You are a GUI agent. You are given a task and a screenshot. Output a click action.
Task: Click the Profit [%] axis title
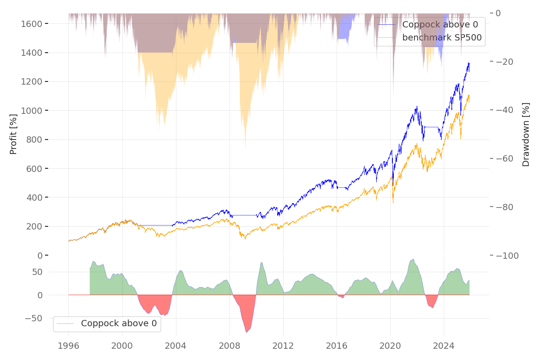click(13, 134)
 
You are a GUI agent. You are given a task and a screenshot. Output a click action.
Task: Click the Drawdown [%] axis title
click(526, 134)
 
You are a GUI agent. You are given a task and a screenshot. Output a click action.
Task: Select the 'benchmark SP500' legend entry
click(442, 38)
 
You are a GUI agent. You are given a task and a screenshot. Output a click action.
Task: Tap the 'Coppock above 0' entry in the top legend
click(440, 24)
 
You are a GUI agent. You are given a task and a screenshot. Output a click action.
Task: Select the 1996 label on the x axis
click(68, 346)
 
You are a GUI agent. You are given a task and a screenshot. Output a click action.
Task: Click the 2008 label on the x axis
click(229, 346)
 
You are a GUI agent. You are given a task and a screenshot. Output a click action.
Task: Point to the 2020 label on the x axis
click(390, 346)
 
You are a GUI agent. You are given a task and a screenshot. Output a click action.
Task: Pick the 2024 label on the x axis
click(444, 346)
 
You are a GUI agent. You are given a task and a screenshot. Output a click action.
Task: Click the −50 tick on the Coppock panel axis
click(37, 318)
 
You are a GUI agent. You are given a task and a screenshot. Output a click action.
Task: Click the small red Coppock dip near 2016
click(342, 297)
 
